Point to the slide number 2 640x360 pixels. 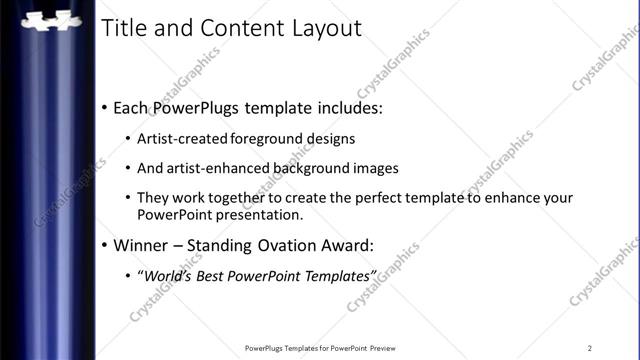(590, 347)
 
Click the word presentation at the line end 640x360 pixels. (254, 214)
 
